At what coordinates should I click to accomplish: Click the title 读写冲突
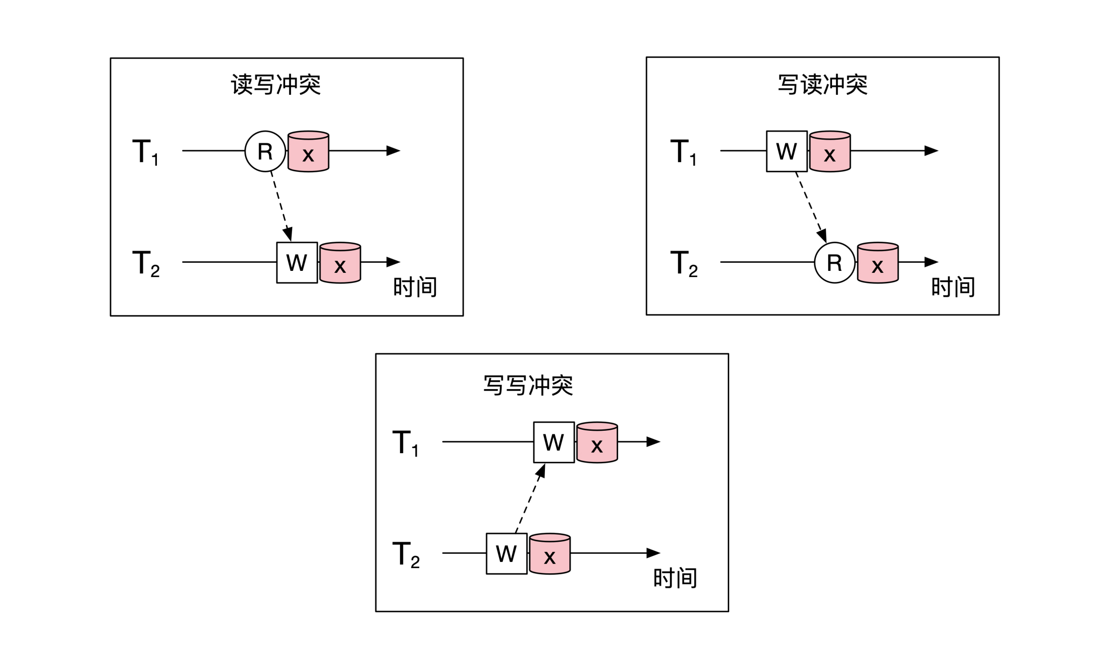pyautogui.click(x=276, y=85)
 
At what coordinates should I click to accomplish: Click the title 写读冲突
pyautogui.click(x=822, y=85)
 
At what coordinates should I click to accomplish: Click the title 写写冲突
pyautogui.click(x=528, y=385)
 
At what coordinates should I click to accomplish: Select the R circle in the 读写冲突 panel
pyautogui.click(x=265, y=151)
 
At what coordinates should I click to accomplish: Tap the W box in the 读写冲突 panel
pyautogui.click(x=297, y=263)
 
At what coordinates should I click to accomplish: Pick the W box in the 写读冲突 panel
pyautogui.click(x=787, y=151)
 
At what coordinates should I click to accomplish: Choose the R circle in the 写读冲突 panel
pyautogui.click(x=834, y=263)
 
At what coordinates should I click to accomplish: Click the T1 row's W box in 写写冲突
pyautogui.click(x=554, y=442)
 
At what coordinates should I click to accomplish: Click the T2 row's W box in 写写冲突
pyautogui.click(x=506, y=554)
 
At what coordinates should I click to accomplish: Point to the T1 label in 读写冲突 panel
pyautogui.click(x=145, y=152)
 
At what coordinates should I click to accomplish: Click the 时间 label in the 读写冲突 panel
pyautogui.click(x=415, y=287)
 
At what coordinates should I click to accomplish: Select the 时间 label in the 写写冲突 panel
pyautogui.click(x=675, y=578)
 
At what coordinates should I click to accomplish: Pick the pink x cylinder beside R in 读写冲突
pyautogui.click(x=308, y=152)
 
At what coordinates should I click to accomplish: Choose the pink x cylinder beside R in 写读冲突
pyautogui.click(x=877, y=263)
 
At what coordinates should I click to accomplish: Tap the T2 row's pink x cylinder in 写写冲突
pyautogui.click(x=550, y=554)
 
